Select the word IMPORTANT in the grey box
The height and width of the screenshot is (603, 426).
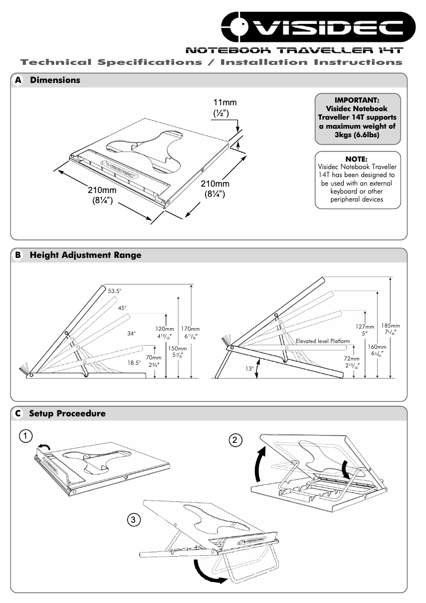click(x=357, y=99)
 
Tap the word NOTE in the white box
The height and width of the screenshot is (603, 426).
click(x=356, y=158)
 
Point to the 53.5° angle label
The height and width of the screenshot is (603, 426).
click(x=115, y=291)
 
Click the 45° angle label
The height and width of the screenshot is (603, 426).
click(x=123, y=308)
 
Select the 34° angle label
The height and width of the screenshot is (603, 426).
click(x=131, y=333)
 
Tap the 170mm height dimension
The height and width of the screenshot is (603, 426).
click(x=191, y=329)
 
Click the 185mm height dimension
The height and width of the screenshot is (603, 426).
click(x=394, y=325)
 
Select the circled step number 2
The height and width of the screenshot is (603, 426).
click(x=236, y=440)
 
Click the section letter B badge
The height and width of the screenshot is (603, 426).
click(x=18, y=255)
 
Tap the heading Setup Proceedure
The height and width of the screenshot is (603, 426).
click(x=67, y=413)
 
